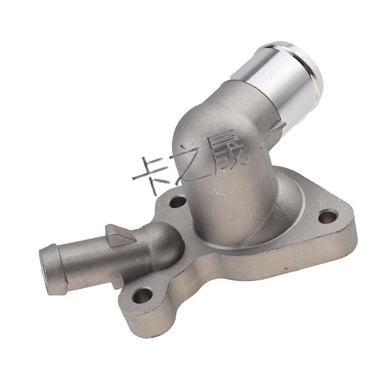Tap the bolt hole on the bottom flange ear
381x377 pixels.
tap(142, 295)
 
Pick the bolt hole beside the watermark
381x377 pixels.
tap(177, 201)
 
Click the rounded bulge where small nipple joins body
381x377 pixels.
tap(164, 242)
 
